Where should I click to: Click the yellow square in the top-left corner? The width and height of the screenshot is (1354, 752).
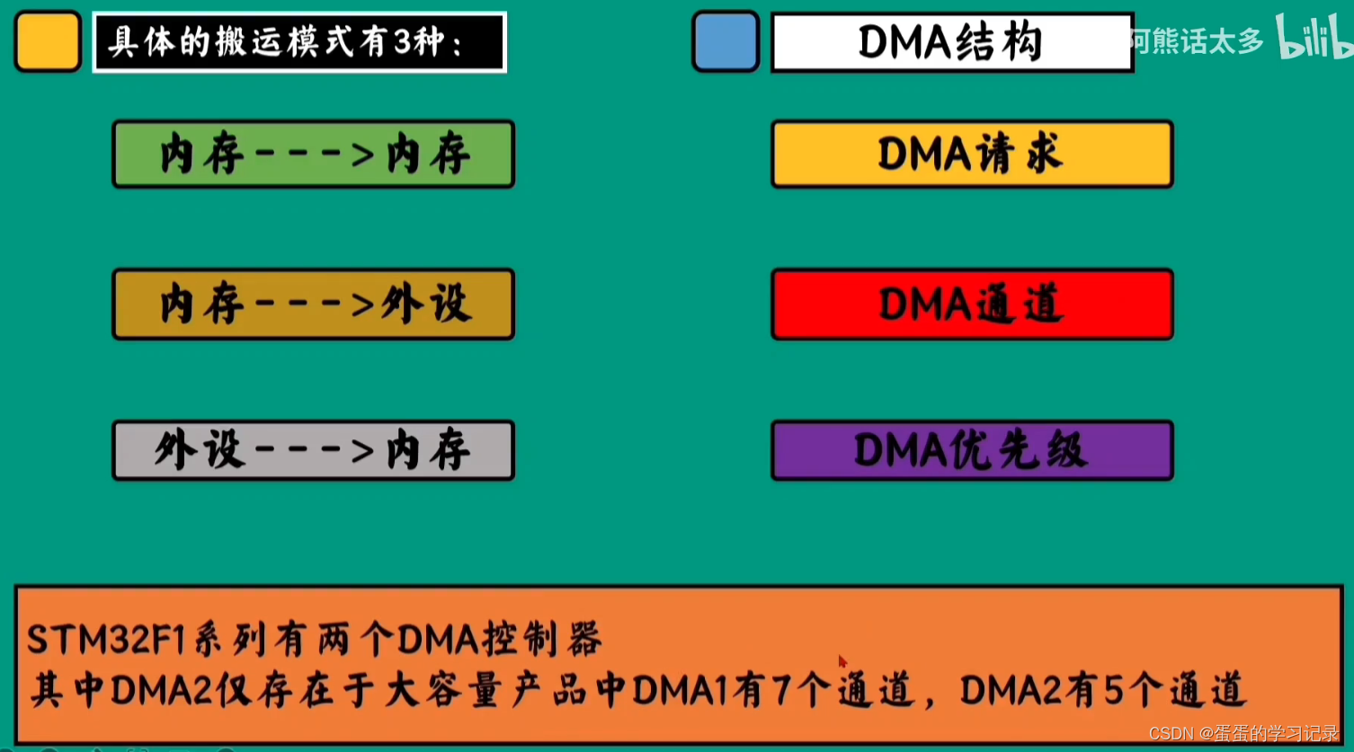tap(49, 41)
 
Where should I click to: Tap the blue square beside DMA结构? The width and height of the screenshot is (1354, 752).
tap(726, 41)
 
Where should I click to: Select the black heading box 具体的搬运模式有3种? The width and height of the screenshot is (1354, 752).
tap(299, 42)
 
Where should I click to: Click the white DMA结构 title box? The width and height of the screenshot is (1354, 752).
tap(951, 42)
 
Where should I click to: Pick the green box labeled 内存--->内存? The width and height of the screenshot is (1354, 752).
tap(313, 155)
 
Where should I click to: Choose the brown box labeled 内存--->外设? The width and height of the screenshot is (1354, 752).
tap(313, 305)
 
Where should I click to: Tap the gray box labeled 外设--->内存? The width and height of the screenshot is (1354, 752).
tap(313, 450)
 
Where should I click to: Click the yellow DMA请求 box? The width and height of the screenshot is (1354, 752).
tap(972, 155)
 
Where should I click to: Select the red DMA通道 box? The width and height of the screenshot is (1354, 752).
tap(972, 305)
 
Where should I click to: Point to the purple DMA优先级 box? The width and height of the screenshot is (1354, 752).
tap(972, 450)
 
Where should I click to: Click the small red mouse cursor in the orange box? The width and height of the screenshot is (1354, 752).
tap(842, 662)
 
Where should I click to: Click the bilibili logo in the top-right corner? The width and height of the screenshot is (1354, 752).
tap(1314, 38)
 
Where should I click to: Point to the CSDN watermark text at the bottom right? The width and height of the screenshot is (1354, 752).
tap(1243, 734)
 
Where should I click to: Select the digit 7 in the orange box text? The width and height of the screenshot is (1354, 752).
tap(781, 690)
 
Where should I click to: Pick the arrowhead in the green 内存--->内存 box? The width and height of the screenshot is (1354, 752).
tap(362, 155)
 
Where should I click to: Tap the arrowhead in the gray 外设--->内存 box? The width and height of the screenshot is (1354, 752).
tap(362, 450)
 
